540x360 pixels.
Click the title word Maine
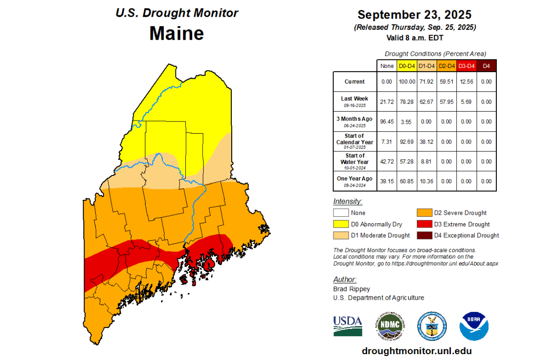tap(176, 33)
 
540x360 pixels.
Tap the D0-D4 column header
tap(406, 66)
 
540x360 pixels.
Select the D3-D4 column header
tap(466, 66)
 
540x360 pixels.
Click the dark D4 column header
tap(486, 66)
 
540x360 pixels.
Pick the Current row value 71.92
tap(426, 82)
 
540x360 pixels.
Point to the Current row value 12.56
tap(466, 82)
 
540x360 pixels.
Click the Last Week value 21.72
tap(387, 102)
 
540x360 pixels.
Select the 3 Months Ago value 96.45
tap(387, 121)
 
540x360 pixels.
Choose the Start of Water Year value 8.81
tap(426, 161)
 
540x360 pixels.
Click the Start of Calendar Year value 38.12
tap(426, 141)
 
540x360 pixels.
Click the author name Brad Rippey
tap(351, 289)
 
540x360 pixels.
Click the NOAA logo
tap(474, 326)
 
